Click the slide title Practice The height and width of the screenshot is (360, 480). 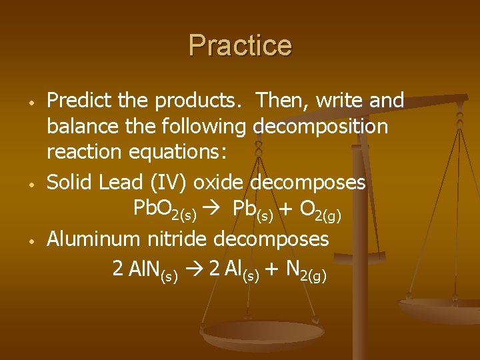tap(240, 46)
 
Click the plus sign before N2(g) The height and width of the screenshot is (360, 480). tap(272, 269)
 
